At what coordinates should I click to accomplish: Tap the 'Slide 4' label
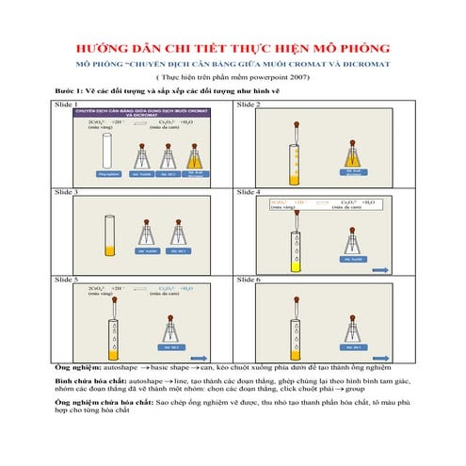[249, 192]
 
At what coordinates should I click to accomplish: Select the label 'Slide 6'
[249, 280]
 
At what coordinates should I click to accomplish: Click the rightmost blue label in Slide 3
[176, 251]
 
